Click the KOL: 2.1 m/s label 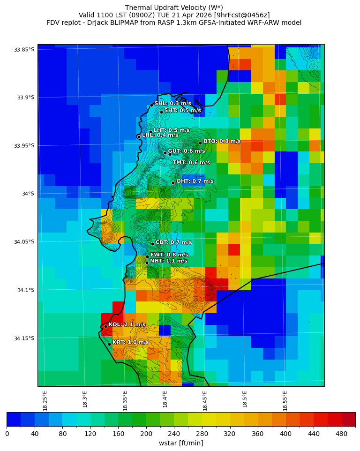127,324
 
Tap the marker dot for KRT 109,344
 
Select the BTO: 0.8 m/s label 222,141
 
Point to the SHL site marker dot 151,105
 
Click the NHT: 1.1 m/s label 168,261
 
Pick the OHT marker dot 173,183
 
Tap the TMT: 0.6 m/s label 191,163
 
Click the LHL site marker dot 139,137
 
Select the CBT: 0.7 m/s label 173,242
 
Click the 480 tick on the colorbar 341,434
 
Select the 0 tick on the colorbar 7,434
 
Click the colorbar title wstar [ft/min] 181,443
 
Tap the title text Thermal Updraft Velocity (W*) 174,8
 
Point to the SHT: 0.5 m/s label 182,111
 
